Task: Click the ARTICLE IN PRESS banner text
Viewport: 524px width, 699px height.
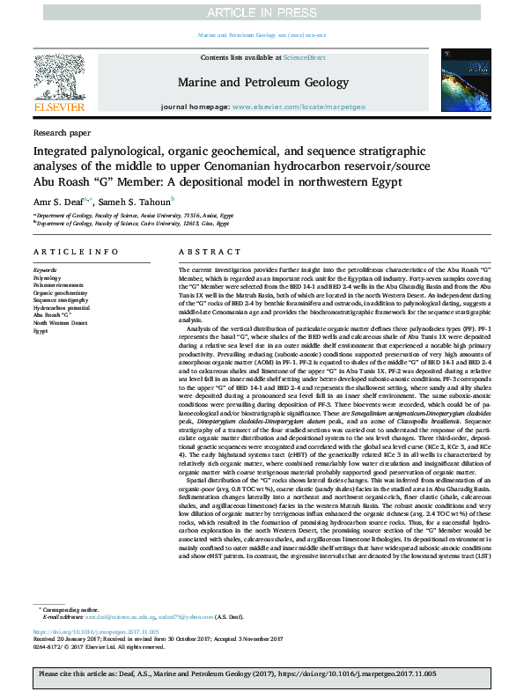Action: pyautogui.click(x=262, y=11)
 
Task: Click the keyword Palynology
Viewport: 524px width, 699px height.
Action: pyautogui.click(x=48, y=276)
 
